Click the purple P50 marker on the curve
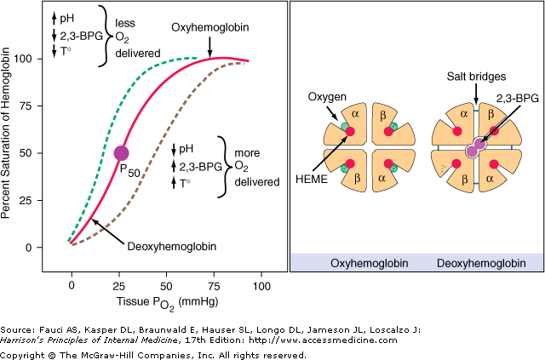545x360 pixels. click(120, 152)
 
